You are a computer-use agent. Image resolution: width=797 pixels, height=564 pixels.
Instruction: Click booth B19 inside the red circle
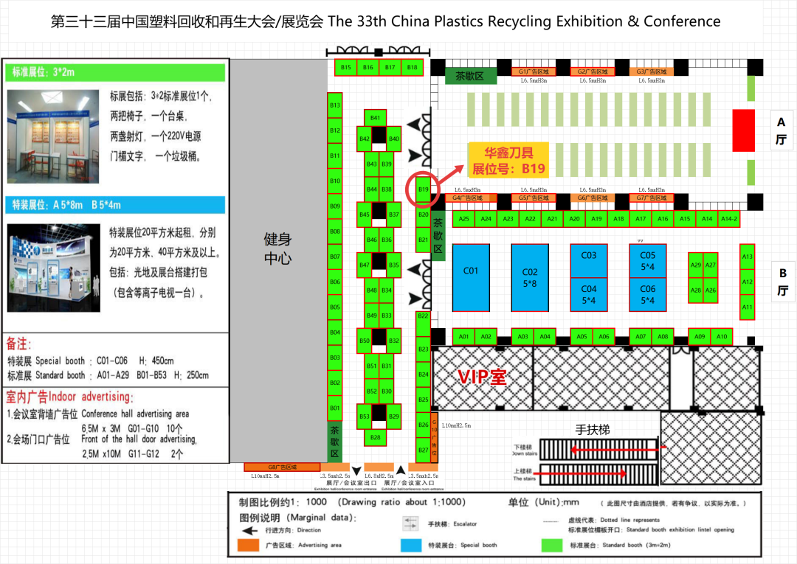[423, 189]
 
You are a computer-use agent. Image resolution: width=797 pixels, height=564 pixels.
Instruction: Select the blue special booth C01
[471, 277]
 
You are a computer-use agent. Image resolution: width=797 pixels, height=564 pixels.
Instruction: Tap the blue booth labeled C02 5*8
[530, 277]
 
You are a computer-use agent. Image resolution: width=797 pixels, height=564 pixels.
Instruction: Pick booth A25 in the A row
[463, 219]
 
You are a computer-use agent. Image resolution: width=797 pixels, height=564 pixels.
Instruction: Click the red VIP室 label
[482, 377]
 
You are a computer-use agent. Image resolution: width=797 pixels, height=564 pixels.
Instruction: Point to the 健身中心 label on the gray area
[278, 248]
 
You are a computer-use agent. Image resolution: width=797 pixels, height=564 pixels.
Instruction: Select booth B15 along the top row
[346, 67]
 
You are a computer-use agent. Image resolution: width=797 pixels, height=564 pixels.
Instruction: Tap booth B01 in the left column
[335, 408]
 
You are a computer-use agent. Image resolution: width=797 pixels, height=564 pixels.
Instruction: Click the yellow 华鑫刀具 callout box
[508, 160]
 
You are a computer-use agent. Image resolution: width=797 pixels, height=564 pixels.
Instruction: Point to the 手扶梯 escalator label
[593, 429]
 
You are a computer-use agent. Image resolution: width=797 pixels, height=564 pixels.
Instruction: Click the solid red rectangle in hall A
[742, 131]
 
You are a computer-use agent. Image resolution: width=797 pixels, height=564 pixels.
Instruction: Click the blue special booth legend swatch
[411, 546]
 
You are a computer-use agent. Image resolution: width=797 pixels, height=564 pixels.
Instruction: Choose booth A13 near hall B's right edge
[747, 257]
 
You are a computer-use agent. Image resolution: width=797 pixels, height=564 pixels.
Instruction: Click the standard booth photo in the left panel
[53, 136]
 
